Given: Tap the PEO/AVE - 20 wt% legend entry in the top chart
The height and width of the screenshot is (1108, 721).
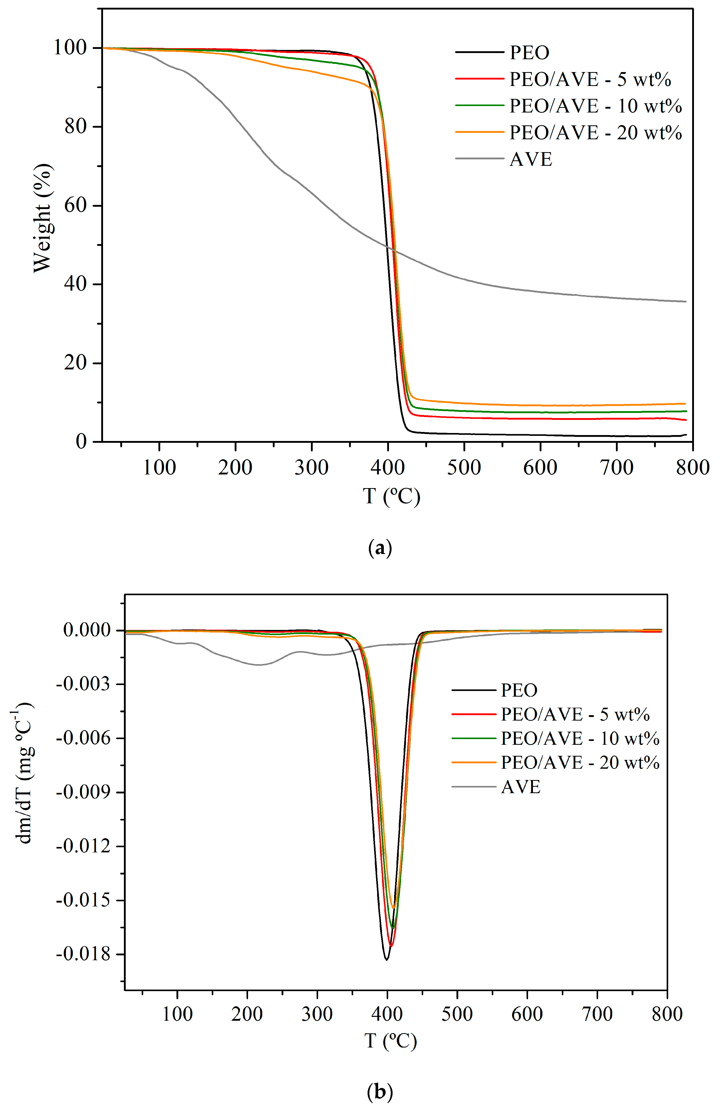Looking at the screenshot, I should tap(595, 133).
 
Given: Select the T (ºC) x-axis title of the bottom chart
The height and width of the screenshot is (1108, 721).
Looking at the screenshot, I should tap(390, 1041).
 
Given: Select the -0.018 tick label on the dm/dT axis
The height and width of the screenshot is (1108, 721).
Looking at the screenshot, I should tap(83, 954).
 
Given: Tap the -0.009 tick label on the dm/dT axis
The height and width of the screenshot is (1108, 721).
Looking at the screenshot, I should tap(83, 792).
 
